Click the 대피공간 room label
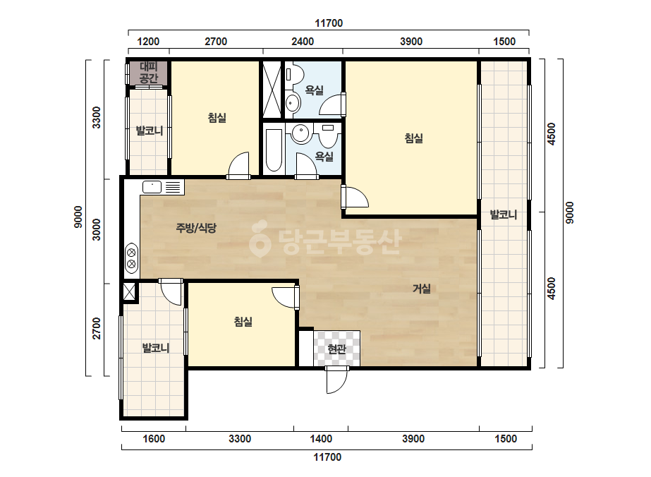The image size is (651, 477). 149,72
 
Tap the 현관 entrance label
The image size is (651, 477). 336,349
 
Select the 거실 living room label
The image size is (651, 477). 421,289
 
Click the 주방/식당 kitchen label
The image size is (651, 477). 196,228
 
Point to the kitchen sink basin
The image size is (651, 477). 152,187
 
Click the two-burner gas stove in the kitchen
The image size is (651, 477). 132,258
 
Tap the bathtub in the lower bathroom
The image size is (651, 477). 274,150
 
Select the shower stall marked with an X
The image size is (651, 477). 272,90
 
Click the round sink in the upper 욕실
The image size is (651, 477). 293,102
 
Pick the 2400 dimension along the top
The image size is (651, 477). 303,42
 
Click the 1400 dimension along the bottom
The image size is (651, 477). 321,439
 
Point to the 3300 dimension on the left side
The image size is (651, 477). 97,118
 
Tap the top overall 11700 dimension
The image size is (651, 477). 329,23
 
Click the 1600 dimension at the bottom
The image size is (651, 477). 154,439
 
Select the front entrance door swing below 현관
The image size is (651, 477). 336,380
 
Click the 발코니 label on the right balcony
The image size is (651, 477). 504,215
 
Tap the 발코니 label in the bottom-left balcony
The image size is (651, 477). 156,348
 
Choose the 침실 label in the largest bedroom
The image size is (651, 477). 413,138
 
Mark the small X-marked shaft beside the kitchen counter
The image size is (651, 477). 130,291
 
